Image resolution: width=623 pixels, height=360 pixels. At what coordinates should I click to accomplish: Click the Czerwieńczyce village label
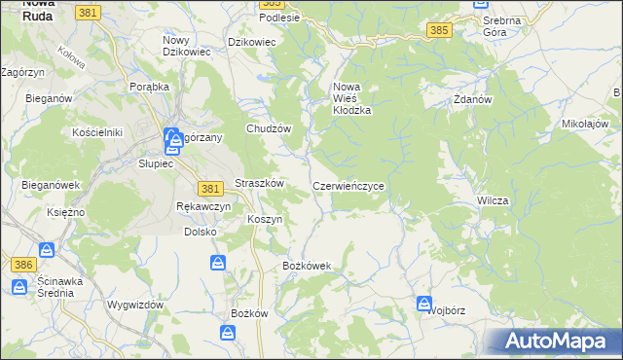(353, 185)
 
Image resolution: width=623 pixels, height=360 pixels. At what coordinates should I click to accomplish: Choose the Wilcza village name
(493, 199)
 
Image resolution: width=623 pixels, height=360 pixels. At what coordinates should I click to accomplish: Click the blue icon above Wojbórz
(424, 303)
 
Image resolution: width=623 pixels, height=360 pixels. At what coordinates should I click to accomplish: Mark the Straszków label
(259, 184)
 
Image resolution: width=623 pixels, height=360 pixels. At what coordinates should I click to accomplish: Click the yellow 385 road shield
(439, 31)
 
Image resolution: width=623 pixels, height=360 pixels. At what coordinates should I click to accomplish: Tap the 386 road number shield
(23, 265)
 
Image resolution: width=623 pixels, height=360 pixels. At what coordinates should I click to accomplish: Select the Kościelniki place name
(95, 131)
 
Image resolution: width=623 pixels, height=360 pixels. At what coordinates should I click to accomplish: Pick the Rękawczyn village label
(203, 206)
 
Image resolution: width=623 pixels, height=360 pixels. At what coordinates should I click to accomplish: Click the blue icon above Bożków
(227, 334)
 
